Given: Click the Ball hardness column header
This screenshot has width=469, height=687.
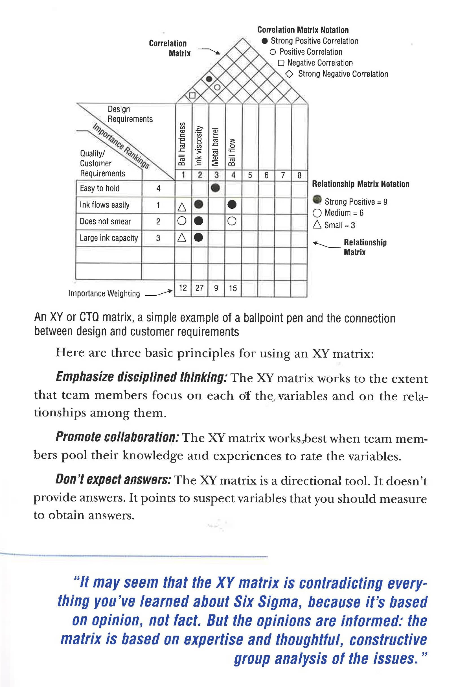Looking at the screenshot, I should point(182,144).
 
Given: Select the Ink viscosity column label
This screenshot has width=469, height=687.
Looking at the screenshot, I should point(199,145).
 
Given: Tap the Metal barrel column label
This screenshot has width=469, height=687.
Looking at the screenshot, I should point(215,147).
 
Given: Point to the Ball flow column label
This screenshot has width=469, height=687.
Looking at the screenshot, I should point(232,152).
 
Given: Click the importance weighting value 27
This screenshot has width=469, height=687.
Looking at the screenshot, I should point(199,288).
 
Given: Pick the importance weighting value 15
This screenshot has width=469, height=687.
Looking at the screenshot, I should point(233,288).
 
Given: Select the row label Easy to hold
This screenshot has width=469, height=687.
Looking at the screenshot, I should point(100,188).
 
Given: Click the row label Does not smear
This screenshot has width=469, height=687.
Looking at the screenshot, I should point(105,221).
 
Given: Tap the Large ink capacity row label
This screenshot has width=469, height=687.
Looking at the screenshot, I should point(109,238).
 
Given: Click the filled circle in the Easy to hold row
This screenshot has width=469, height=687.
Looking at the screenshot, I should point(216,188).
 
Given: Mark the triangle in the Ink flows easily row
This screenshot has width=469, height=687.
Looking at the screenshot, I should point(182,207).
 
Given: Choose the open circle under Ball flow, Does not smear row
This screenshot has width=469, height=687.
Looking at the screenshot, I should point(232,221).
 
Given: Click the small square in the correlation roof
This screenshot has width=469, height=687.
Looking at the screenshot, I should point(192,95).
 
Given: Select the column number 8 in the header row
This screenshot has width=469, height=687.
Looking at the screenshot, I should point(299,175).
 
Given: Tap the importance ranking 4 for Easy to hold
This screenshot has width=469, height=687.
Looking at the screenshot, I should point(158,188).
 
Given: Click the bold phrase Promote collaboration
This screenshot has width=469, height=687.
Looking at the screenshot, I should point(117,437).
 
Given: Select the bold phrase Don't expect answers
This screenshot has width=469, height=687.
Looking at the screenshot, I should point(113,479).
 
